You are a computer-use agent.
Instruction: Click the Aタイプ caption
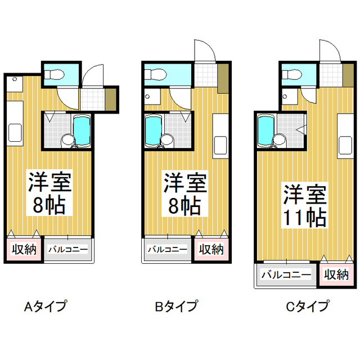click(46, 306)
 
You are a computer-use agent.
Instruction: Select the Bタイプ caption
click(176, 306)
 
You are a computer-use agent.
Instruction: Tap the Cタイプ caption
click(307, 306)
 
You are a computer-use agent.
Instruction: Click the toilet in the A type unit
click(54, 75)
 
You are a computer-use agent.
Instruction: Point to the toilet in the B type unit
click(155, 75)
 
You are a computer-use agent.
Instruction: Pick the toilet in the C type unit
click(292, 75)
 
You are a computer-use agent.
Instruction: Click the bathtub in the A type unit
click(82, 130)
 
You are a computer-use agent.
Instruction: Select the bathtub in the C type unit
click(266, 130)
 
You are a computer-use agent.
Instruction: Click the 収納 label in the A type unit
click(24, 249)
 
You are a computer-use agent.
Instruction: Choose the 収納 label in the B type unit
click(211, 249)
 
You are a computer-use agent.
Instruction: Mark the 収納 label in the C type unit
click(336, 274)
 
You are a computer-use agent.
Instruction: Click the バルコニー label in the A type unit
click(67, 249)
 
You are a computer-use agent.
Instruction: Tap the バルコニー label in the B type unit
click(168, 249)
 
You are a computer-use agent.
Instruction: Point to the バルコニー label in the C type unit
click(286, 274)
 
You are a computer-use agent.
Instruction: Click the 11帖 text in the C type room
click(305, 218)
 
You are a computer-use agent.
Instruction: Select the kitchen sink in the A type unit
click(15, 133)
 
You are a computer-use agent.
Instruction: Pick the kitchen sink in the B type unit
click(220, 145)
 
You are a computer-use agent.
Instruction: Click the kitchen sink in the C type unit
click(345, 145)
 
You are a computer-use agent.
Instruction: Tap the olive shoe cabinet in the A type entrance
click(111, 100)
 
